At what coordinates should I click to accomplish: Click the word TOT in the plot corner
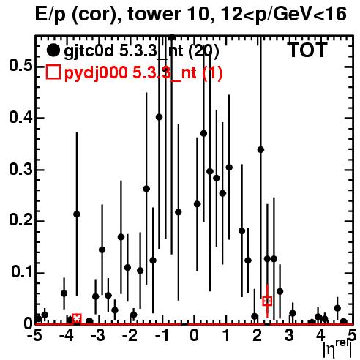pos(308,50)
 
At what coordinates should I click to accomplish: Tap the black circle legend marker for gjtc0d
pos(53,50)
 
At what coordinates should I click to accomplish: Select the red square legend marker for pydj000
pos(53,72)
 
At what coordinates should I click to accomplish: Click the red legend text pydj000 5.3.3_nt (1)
pos(143,72)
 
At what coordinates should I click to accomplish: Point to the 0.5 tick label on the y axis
pos(20,65)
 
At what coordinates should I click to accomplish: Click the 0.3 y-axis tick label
pos(20,169)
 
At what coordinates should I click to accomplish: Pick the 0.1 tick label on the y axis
pos(22,272)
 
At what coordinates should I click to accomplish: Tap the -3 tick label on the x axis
pos(98,335)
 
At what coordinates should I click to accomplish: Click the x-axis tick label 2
pos(258,335)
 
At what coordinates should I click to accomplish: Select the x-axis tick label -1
pos(162,335)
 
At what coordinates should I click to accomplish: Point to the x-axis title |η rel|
pos(337,348)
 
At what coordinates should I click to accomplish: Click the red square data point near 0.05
pos(267,301)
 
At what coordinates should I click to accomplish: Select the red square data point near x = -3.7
pos(77,318)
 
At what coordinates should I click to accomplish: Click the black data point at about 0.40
pos(159,117)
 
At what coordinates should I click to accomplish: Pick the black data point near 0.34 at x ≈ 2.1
pos(260,150)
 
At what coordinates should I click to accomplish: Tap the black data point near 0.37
pos(203,133)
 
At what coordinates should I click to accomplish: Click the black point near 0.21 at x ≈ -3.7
pos(77,214)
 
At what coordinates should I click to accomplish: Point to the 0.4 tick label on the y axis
pos(20,117)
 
